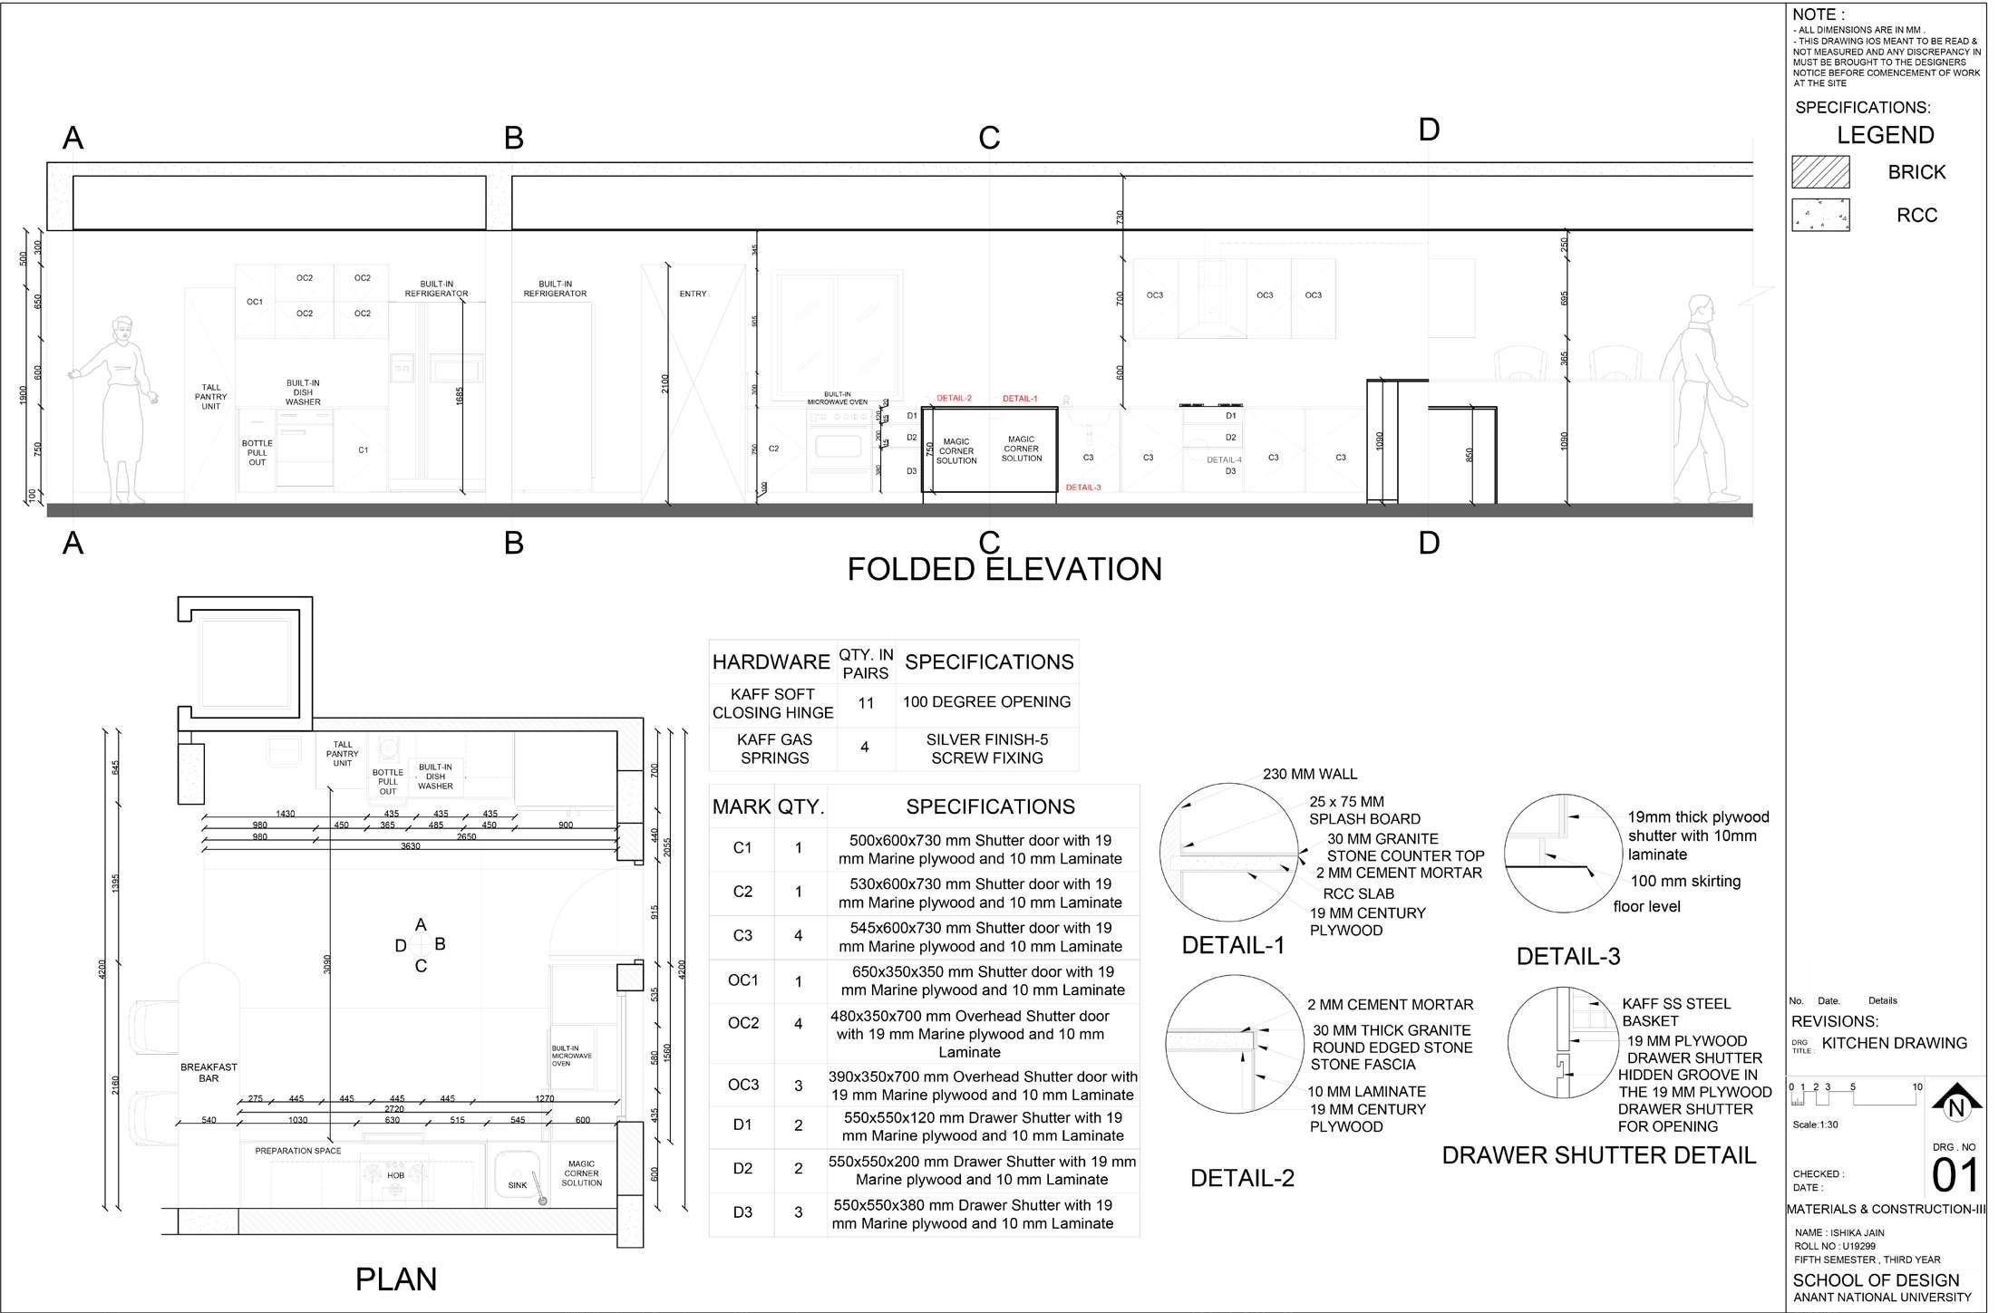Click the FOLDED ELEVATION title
click(x=1004, y=569)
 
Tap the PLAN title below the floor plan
click(x=396, y=1279)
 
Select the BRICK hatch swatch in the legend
click(x=1820, y=171)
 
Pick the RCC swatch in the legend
click(x=1820, y=215)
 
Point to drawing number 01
click(x=1955, y=1176)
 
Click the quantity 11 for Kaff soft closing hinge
click(x=866, y=703)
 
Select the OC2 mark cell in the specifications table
click(x=742, y=1023)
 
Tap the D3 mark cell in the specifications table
click(x=742, y=1212)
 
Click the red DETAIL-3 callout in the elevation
click(x=1083, y=488)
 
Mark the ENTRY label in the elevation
click(x=693, y=294)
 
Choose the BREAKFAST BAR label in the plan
click(x=209, y=1073)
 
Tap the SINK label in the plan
click(x=517, y=1185)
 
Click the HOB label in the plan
click(x=396, y=1175)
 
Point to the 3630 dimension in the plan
click(x=411, y=846)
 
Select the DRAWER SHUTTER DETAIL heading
click(x=1598, y=1155)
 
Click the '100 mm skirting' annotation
click(x=1685, y=881)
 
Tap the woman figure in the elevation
click(x=118, y=408)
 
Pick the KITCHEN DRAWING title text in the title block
click(x=1894, y=1043)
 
